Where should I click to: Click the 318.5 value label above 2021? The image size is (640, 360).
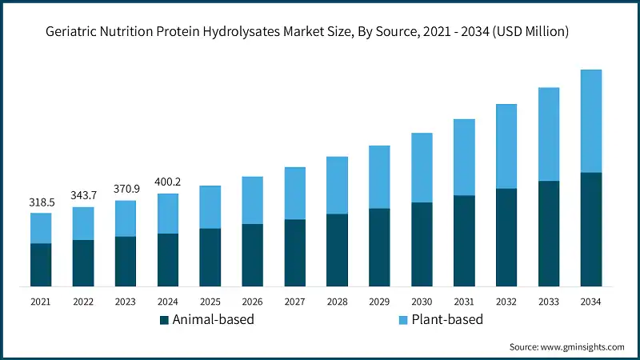(41, 202)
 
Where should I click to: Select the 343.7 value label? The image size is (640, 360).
(83, 196)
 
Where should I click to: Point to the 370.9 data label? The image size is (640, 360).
(126, 189)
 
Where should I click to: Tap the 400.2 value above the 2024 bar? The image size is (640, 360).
(168, 182)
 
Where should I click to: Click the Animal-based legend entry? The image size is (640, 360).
(207, 320)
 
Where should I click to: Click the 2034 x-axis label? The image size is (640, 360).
(591, 302)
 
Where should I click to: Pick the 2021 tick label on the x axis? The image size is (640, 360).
(41, 302)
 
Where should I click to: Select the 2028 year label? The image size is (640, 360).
(337, 302)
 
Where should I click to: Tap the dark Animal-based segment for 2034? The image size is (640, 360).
(591, 230)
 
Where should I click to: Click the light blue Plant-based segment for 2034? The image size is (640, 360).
(591, 121)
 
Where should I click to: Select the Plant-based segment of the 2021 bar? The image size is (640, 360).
(41, 228)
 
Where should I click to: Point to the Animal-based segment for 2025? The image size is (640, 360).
(210, 258)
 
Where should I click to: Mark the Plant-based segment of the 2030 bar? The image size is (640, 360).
(422, 167)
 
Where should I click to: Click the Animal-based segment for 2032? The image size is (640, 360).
(506, 238)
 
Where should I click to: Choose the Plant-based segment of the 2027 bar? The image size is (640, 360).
(295, 193)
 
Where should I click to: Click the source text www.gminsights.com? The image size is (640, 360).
(566, 347)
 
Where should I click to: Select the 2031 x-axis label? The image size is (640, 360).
(464, 302)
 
